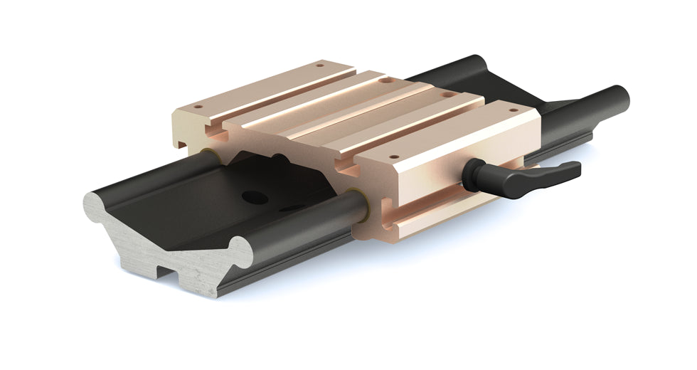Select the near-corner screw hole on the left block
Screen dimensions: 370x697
pyautogui.click(x=198, y=107)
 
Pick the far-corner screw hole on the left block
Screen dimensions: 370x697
pyautogui.click(x=319, y=66)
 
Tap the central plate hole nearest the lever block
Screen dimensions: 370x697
pyautogui.click(x=447, y=94)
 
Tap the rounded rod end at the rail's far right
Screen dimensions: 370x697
pyautogui.click(x=620, y=95)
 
